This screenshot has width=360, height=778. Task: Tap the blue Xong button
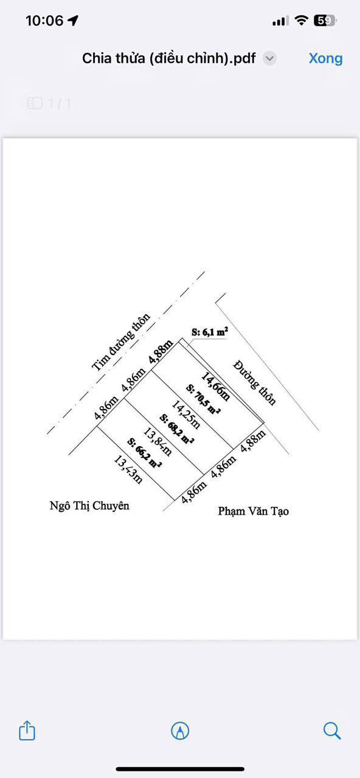click(325, 58)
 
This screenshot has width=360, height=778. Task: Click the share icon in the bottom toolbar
click(27, 731)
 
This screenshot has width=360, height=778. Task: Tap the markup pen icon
click(180, 731)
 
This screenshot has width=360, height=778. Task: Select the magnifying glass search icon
click(332, 731)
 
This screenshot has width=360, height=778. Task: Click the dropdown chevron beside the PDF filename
click(269, 58)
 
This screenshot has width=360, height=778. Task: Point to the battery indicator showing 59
click(325, 21)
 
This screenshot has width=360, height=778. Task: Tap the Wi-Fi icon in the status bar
click(301, 21)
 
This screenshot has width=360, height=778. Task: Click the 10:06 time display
click(44, 21)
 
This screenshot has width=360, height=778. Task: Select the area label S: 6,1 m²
click(210, 332)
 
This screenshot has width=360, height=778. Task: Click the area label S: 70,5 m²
click(203, 399)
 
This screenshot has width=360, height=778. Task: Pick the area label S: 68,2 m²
click(177, 429)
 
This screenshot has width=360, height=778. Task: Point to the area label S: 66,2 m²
click(144, 453)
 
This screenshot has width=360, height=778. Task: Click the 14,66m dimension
click(216, 387)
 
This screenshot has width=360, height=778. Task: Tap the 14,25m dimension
click(186, 415)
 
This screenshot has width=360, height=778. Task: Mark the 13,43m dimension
click(128, 470)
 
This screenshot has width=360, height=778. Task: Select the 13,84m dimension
click(157, 441)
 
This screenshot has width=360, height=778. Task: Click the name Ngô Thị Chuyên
click(89, 506)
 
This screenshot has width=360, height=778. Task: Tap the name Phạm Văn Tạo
click(254, 511)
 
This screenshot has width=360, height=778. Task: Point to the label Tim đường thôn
click(121, 342)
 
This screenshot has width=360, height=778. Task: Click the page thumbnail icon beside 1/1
click(35, 103)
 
